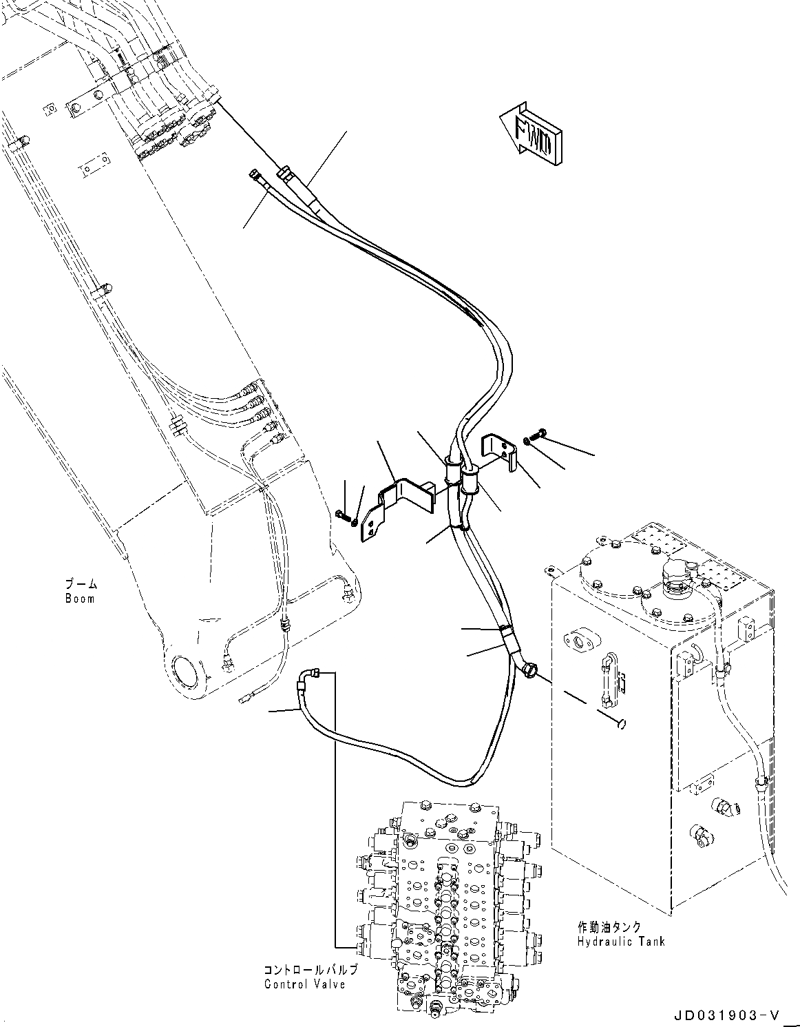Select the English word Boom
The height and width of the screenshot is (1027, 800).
click(80, 599)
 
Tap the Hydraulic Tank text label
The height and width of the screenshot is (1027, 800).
click(620, 942)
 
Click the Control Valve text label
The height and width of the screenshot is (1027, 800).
click(304, 984)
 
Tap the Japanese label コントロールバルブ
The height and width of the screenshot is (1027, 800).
click(310, 970)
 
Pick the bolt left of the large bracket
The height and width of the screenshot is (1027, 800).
click(341, 514)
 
